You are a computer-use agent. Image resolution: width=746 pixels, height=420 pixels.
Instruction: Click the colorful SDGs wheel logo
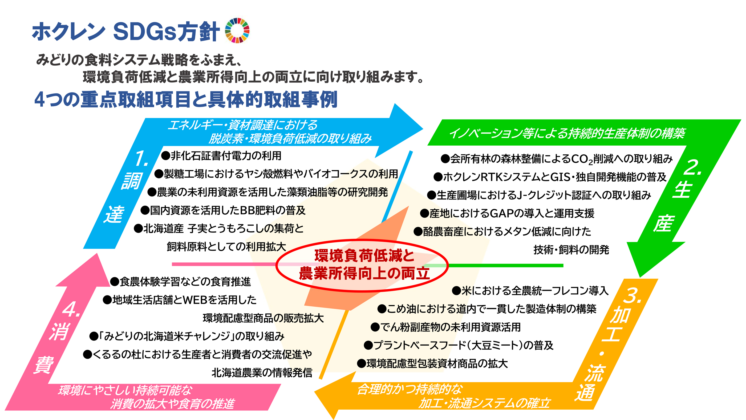point(237,30)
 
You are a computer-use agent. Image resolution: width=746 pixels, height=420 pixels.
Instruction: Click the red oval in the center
point(362,265)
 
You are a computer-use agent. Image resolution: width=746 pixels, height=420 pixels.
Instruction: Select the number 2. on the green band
point(692,167)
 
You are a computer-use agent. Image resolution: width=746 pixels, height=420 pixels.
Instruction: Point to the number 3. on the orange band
point(633,296)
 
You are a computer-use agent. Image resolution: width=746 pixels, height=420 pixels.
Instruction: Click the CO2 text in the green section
point(582,159)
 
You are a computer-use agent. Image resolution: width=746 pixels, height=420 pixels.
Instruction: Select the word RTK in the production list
point(492,177)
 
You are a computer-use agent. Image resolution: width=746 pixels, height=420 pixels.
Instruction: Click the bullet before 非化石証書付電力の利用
point(165,156)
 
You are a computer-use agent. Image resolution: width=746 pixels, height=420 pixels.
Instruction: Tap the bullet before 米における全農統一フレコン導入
point(456,291)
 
